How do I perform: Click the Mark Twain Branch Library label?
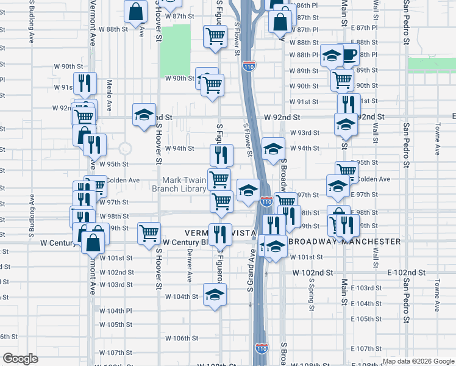coord(185,184)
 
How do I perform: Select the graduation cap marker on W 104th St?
coord(213,295)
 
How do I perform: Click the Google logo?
coord(20,359)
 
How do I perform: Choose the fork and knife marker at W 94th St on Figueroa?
coord(221,154)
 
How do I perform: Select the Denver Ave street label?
coord(190,267)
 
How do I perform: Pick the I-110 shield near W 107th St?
coord(262,348)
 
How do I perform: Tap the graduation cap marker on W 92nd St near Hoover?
coord(144,114)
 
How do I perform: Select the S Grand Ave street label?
coord(251,269)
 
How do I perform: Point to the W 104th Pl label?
coord(115,310)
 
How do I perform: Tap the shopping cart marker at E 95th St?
coord(346,171)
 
